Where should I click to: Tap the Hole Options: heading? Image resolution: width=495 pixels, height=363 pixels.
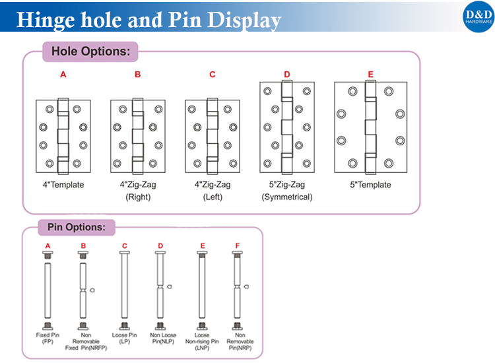point(90,51)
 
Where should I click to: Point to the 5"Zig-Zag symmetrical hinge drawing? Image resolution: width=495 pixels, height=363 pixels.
point(286,127)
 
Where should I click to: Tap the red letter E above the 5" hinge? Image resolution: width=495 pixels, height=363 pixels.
point(370,75)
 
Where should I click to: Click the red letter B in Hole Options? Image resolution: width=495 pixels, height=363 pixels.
point(137,75)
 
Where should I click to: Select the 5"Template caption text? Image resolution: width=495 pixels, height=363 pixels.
point(370,185)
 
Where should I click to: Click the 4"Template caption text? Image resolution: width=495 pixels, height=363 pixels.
point(63,185)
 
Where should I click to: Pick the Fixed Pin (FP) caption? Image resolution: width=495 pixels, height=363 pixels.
point(48,339)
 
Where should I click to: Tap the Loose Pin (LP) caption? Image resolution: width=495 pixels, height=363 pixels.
point(125,339)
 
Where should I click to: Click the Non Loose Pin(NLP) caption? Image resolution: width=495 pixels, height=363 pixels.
point(160,339)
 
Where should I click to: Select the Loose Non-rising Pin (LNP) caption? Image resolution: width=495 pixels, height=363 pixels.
point(203,341)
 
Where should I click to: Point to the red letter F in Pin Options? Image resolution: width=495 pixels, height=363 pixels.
point(238,246)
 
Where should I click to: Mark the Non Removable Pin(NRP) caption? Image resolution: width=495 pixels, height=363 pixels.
point(239,341)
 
